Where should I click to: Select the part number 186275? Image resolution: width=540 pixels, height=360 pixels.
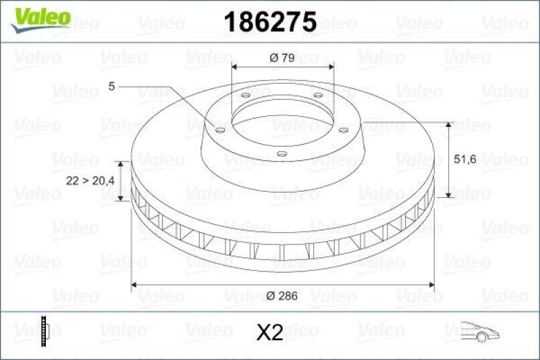click(269, 22)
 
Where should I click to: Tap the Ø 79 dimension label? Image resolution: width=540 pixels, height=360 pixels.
click(282, 57)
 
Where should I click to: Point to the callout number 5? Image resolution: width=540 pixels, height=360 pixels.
click(111, 86)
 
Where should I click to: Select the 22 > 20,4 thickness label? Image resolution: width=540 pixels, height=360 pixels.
click(90, 181)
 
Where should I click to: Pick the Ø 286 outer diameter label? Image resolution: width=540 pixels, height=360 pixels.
click(283, 296)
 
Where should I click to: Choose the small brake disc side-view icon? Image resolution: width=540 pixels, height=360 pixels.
click(46, 331)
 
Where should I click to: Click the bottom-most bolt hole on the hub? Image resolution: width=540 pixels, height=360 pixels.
click(282, 155)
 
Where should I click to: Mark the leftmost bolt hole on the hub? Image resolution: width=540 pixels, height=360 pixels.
click(219, 129)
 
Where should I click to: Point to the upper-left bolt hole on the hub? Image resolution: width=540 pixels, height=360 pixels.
click(246, 95)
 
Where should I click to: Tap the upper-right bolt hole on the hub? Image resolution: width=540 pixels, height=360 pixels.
click(317, 95)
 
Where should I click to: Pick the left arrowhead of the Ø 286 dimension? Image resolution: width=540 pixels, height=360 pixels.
click(135, 284)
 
